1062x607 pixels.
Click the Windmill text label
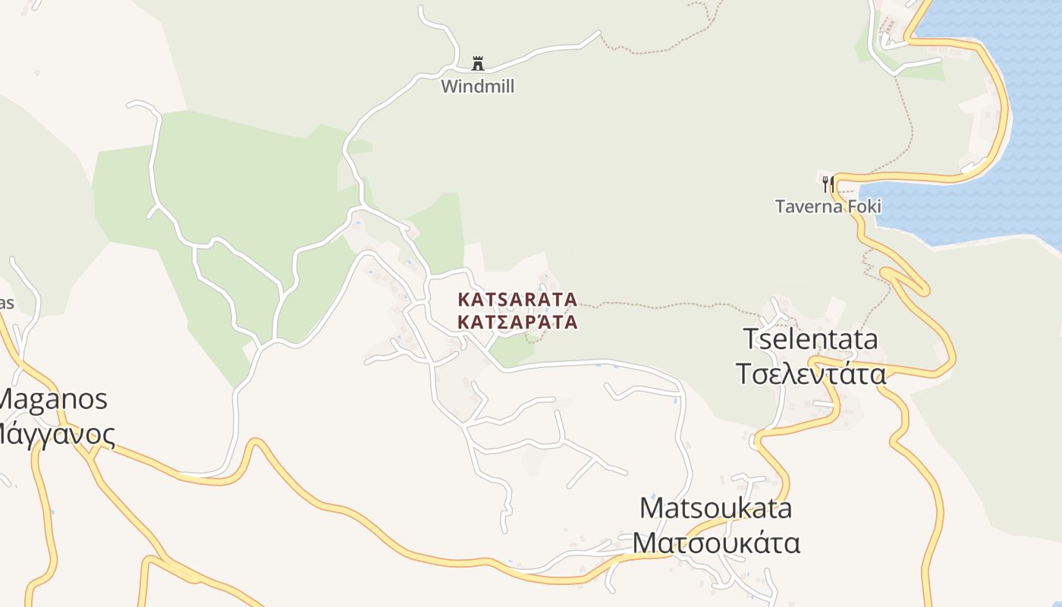pyautogui.click(x=478, y=86)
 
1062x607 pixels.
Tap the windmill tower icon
pyautogui.click(x=478, y=64)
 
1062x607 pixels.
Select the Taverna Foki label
pyautogui.click(x=828, y=206)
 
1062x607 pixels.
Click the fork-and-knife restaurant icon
pyautogui.click(x=828, y=184)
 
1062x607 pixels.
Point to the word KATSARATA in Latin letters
pyautogui.click(x=517, y=300)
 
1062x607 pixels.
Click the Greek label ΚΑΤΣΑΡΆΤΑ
pyautogui.click(x=517, y=322)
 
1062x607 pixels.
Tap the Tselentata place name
pyautogui.click(x=810, y=339)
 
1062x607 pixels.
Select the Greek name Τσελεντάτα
pyautogui.click(x=810, y=374)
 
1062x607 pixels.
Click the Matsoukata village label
pyautogui.click(x=715, y=508)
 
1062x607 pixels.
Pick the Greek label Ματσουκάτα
pyautogui.click(x=716, y=543)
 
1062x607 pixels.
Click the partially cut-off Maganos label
pyautogui.click(x=53, y=399)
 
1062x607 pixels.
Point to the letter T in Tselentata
pyautogui.click(x=751, y=339)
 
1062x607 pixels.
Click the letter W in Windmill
pyautogui.click(x=449, y=86)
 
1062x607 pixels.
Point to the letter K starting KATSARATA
pyautogui.click(x=463, y=300)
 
